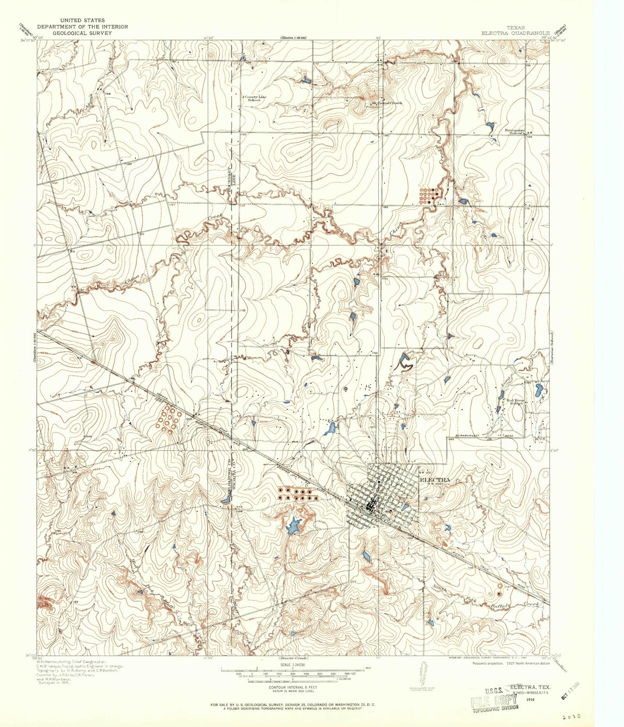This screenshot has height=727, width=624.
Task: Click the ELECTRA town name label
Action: coord(435,479)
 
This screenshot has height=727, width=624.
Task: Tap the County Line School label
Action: coord(255,98)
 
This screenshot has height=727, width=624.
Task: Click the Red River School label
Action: coord(516,402)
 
